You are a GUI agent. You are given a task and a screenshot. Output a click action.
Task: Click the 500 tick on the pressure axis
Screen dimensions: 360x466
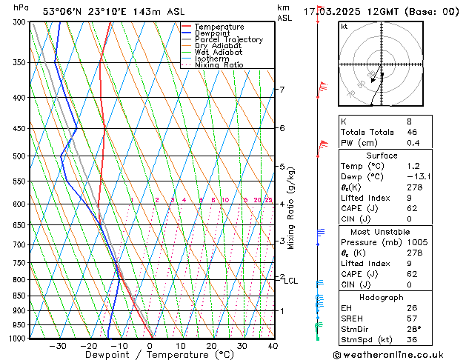click(x=20, y=156)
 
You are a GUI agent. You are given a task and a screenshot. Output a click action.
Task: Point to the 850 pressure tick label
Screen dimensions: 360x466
click(x=20, y=296)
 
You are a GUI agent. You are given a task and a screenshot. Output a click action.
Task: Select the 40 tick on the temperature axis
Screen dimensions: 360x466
click(x=273, y=346)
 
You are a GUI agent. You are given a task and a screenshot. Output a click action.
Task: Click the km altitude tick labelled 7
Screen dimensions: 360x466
click(x=282, y=90)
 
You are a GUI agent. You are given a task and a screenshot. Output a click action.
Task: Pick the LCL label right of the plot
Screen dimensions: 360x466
click(x=290, y=281)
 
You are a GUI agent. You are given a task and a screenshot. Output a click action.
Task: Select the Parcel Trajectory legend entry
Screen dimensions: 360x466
click(x=228, y=39)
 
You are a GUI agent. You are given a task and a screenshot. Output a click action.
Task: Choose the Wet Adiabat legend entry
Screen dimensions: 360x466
click(x=218, y=52)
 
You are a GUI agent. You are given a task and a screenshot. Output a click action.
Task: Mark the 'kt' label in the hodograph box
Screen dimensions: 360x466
click(x=344, y=26)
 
